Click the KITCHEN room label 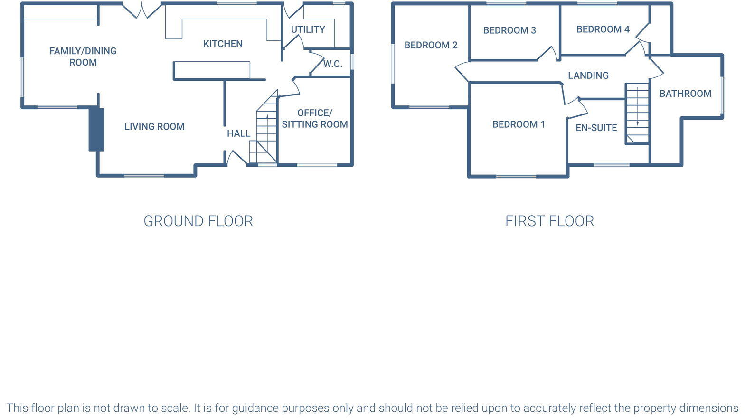[x=223, y=44]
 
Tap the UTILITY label [x=308, y=29]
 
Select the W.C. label [x=332, y=64]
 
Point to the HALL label [x=238, y=133]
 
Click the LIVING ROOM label [x=154, y=126]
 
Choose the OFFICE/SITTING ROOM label [x=315, y=118]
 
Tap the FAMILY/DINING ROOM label [x=83, y=57]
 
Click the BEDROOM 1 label [x=519, y=124]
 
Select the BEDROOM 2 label [x=431, y=45]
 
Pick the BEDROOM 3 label [x=509, y=30]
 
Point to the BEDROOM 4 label [x=603, y=29]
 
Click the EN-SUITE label [x=596, y=128]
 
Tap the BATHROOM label [x=685, y=94]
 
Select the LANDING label [x=588, y=76]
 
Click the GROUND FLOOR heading [x=198, y=221]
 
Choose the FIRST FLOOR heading [x=549, y=221]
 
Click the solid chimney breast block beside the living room [x=96, y=130]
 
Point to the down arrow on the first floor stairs [x=637, y=106]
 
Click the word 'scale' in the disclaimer [x=174, y=408]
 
